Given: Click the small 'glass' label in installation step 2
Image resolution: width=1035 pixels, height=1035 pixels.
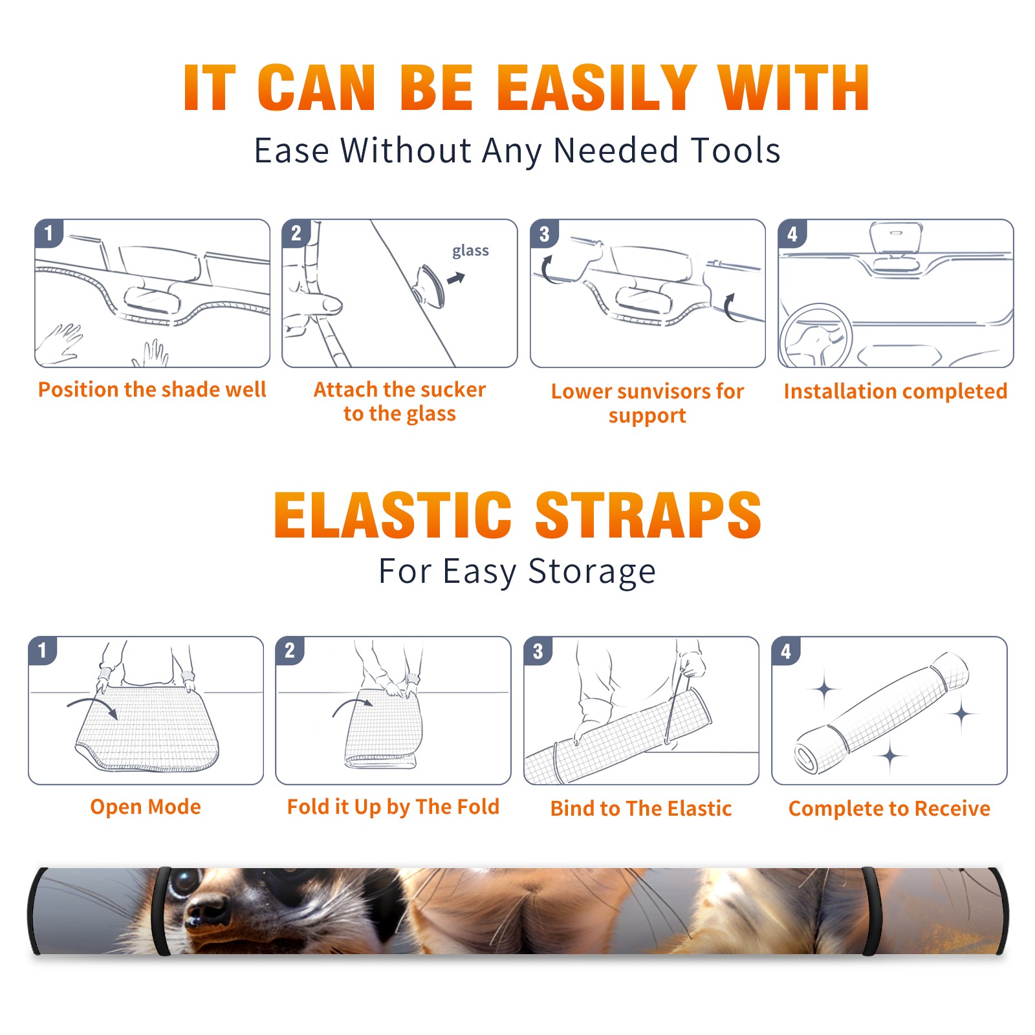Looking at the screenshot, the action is (470, 251).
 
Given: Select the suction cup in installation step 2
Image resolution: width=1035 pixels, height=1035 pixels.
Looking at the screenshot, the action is (430, 285).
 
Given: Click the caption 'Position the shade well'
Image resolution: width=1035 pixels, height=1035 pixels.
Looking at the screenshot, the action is (152, 389).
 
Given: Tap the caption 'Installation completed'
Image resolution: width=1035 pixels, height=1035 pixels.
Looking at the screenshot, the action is (895, 391).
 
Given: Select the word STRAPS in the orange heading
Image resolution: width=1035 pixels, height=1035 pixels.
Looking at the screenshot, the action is (648, 515).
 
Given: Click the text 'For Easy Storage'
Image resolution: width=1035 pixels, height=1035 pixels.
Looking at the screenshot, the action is (517, 571).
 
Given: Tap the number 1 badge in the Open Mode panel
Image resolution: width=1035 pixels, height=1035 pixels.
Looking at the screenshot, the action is (43, 650).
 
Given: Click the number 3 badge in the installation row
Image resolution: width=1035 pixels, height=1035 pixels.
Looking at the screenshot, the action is (544, 234).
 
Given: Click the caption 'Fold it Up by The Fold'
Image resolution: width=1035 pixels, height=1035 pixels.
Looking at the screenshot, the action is (393, 807).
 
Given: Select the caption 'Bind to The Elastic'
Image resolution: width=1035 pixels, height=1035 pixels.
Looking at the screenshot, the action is (641, 809).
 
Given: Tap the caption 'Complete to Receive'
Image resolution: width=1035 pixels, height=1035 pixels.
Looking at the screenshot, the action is (889, 809).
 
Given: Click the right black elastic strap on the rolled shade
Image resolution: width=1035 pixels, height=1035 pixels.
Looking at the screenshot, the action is (871, 911).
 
